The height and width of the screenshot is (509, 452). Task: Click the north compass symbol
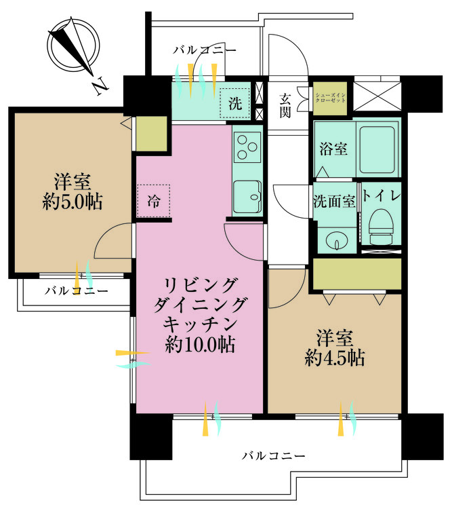click(x=73, y=45)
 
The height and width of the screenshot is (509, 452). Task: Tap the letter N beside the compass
click(x=100, y=86)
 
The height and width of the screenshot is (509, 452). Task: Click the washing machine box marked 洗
click(x=235, y=103)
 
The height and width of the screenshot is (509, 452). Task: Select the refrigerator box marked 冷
click(x=153, y=202)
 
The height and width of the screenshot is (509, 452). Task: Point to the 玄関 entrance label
click(x=285, y=106)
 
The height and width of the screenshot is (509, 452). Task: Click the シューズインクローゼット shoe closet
click(x=330, y=98)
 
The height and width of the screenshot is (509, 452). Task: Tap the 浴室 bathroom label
click(x=333, y=150)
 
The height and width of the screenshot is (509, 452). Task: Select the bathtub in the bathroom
click(x=377, y=149)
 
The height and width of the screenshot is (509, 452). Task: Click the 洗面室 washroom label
click(x=334, y=202)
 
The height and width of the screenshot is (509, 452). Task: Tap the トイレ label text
click(x=382, y=195)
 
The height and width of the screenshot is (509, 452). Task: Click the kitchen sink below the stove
click(x=247, y=197)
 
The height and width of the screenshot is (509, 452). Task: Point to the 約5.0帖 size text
click(x=73, y=202)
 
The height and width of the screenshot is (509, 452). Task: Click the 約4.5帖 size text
click(x=335, y=358)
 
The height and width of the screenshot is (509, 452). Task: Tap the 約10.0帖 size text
click(x=200, y=344)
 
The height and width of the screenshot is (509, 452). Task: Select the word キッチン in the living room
click(x=200, y=324)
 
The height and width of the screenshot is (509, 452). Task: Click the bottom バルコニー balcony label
click(x=274, y=456)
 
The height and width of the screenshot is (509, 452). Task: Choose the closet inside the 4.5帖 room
click(x=357, y=274)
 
